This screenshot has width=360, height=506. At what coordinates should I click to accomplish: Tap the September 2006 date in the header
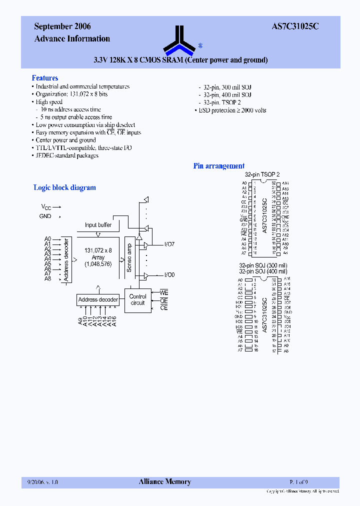[x=62, y=27]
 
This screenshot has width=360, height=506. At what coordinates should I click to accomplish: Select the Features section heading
[x=45, y=78]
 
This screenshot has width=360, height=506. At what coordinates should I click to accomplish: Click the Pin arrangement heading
[x=219, y=166]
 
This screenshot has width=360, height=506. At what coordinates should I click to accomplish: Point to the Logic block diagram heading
[x=64, y=187]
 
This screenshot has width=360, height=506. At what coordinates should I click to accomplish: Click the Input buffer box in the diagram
[x=98, y=225]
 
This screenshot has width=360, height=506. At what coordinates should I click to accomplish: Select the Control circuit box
[x=137, y=299]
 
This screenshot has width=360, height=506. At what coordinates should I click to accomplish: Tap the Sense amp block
[x=129, y=258]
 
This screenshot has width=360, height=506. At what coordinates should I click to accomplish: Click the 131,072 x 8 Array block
[x=98, y=257]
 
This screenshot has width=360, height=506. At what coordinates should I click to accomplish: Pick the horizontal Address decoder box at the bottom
[x=98, y=299]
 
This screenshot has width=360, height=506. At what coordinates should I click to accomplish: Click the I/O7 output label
[x=170, y=244]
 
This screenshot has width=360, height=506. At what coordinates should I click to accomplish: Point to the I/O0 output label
[x=170, y=275]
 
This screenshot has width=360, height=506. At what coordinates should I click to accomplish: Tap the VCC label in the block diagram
[x=46, y=207]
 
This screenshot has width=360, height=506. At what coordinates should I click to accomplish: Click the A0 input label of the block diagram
[x=47, y=239]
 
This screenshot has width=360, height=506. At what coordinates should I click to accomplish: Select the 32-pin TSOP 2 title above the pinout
[x=262, y=174]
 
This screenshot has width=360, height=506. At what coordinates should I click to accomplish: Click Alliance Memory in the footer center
[x=164, y=482]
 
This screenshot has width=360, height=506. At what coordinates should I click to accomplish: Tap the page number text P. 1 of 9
[x=299, y=482]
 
